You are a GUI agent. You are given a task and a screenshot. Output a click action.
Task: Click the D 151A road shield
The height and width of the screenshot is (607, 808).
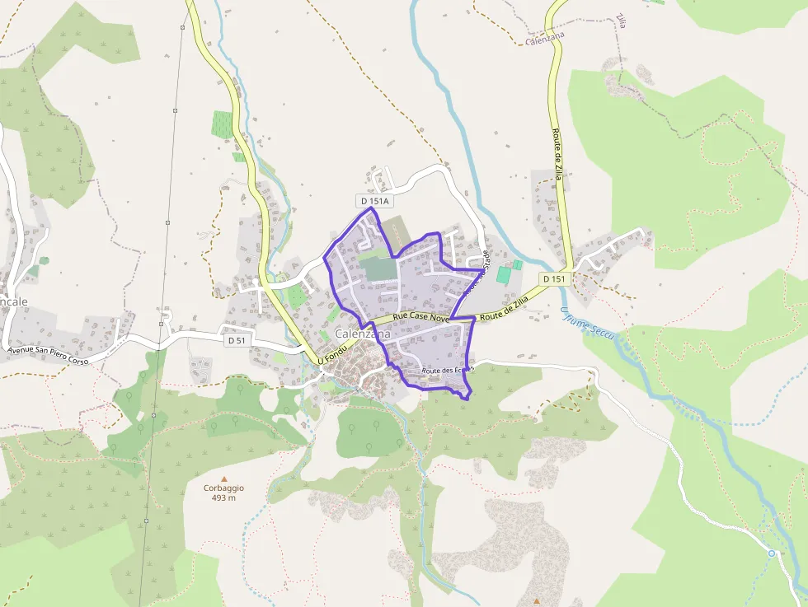click(x=375, y=201)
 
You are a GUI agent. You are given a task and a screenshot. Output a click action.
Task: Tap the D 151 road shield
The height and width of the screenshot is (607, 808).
click(x=555, y=279)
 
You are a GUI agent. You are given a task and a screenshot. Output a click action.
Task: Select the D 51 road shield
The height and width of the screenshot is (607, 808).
click(x=237, y=340)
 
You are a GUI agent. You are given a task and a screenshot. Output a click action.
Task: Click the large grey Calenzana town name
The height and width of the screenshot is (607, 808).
click(x=363, y=334)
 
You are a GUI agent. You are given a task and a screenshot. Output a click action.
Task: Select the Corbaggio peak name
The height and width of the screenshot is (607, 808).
click(x=223, y=488)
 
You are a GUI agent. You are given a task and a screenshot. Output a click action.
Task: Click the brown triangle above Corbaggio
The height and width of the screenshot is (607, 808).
click(x=223, y=478)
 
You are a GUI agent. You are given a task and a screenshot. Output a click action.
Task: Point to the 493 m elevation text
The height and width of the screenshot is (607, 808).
click(x=223, y=497)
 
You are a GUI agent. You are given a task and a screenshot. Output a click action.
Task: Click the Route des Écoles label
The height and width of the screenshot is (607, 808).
click(x=447, y=371)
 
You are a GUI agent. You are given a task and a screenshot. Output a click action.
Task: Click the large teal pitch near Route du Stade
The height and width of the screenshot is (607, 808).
click(x=504, y=274)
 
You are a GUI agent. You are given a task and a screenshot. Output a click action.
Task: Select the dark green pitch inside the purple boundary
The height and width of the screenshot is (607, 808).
click(x=378, y=268)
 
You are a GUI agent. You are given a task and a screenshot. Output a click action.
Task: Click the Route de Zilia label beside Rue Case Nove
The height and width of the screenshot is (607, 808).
click(x=503, y=310)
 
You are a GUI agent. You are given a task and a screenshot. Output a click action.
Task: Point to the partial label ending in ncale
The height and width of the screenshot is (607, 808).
click(x=14, y=301)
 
